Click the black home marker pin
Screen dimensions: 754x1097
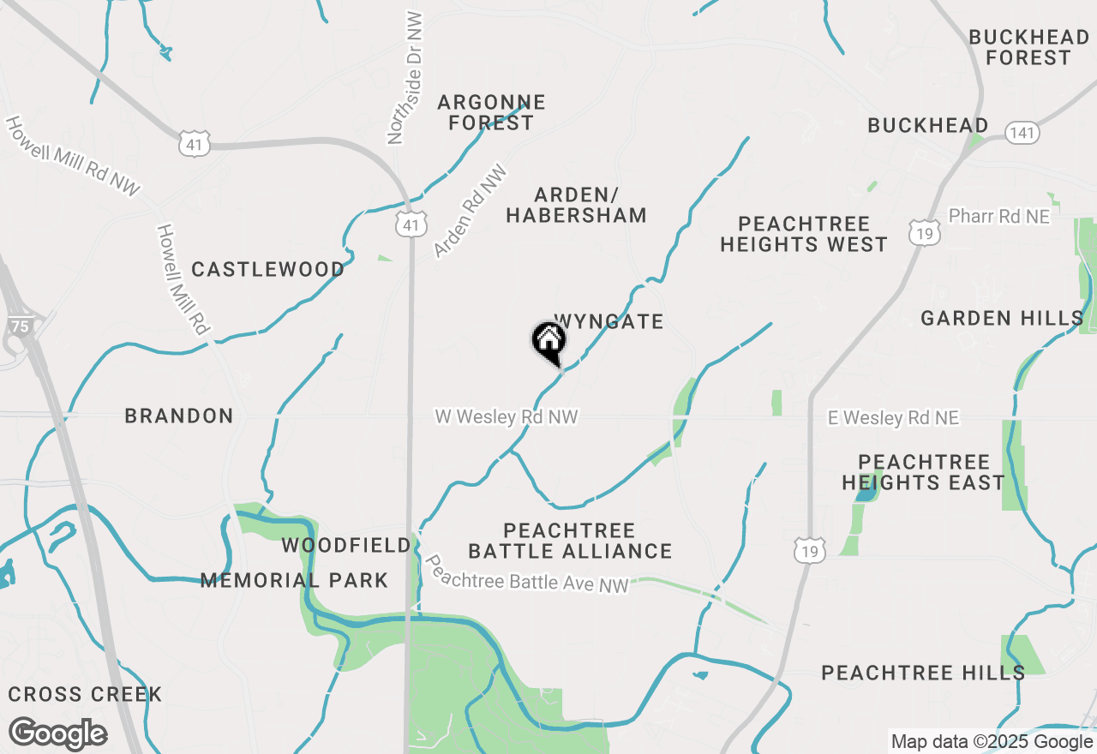point(548,342)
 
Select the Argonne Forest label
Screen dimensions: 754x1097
point(491,112)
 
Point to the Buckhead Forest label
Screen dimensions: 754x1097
point(1028,48)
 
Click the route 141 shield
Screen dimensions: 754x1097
point(1022,133)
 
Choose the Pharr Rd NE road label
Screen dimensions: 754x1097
point(999,217)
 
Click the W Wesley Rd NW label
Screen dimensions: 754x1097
point(507,417)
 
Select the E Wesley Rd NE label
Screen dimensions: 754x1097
point(893,418)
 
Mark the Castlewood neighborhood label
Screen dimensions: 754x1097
point(268,270)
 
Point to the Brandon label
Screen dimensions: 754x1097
point(179,416)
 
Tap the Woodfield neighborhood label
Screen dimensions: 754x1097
point(346,546)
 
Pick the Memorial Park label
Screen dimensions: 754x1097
point(294,581)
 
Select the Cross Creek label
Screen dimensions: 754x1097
point(85,694)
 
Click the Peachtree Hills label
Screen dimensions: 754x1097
point(923,673)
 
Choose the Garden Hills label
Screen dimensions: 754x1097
point(1002,319)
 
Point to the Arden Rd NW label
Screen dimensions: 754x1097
point(470,211)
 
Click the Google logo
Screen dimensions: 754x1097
point(57,734)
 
